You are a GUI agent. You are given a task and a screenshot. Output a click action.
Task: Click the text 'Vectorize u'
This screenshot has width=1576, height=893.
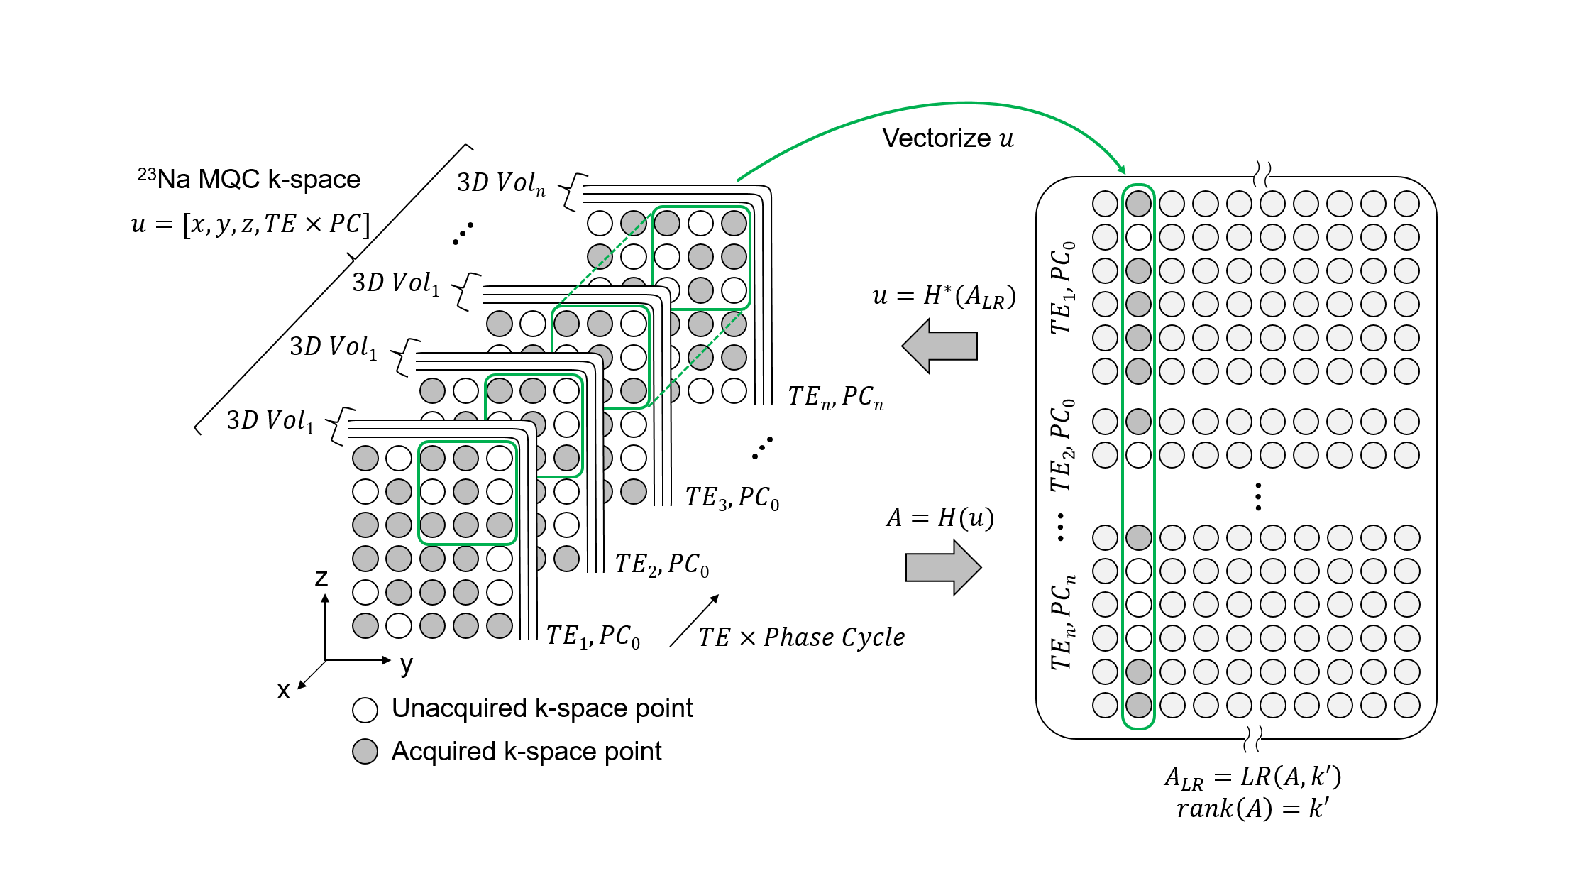[947, 138]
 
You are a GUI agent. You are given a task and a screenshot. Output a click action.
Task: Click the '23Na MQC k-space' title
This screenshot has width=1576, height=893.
[249, 179]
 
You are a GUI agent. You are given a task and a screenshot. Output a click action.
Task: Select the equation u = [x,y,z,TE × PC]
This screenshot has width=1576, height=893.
[250, 224]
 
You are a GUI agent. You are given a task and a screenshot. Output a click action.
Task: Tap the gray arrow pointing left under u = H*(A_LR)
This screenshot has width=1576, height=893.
[939, 346]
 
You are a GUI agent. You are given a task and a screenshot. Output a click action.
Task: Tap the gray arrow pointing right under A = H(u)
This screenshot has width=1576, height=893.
[943, 567]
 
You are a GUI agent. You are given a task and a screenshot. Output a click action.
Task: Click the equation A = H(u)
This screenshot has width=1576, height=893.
[939, 517]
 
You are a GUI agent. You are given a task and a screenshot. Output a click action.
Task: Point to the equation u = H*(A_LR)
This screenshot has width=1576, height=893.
[944, 296]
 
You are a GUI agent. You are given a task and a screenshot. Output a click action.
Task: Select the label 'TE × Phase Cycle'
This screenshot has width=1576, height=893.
[801, 637]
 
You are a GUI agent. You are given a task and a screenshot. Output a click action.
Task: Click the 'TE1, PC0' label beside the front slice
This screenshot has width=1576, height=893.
[593, 636]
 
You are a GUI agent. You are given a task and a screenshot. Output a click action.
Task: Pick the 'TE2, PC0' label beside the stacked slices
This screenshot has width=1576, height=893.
[661, 564]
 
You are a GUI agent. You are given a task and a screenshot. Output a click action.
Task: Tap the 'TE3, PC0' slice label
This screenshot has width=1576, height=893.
[732, 498]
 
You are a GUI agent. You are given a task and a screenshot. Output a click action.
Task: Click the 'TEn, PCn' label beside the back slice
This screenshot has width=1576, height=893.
[835, 397]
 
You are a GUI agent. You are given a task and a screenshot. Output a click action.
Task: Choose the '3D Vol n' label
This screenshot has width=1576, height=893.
[501, 183]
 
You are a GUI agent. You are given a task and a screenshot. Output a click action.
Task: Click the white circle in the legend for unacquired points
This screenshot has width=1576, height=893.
[365, 709]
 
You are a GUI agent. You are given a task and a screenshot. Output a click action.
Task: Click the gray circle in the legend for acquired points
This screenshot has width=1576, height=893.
[365, 752]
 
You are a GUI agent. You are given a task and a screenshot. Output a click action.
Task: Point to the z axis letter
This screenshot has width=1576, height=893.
[321, 577]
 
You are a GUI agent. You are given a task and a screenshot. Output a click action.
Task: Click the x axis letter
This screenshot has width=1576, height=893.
[283, 690]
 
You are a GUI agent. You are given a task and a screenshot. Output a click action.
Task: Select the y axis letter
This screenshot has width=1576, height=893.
[406, 664]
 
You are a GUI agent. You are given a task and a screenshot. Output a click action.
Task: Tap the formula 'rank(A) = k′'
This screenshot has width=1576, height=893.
[1252, 809]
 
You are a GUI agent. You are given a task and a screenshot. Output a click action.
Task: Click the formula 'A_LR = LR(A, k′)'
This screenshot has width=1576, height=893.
[1252, 777]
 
